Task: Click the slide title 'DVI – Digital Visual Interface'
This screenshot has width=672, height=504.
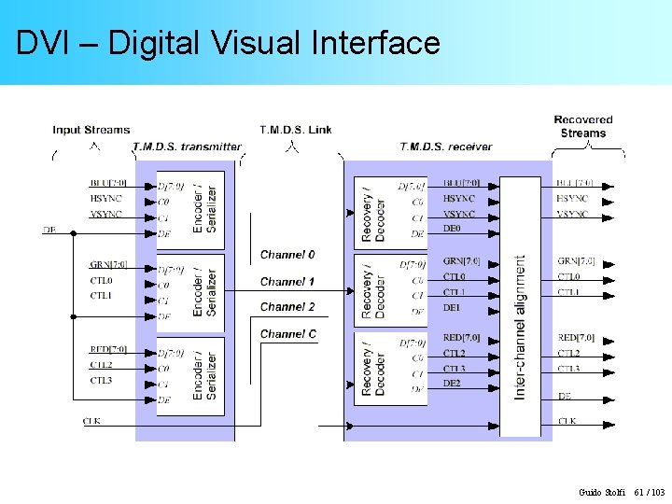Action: pos(228,43)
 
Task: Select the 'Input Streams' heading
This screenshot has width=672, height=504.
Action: pos(91,130)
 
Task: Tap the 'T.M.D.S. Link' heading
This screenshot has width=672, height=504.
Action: pos(295,130)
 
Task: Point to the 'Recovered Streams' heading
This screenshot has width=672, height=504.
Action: pos(583,126)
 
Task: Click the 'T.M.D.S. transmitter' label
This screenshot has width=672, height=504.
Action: pos(187,147)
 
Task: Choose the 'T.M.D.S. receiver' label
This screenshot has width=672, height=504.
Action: pos(445,147)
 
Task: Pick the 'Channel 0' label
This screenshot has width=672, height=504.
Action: pos(287,255)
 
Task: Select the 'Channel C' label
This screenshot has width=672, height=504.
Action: pos(287,334)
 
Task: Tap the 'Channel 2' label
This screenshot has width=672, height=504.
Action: pos(287,307)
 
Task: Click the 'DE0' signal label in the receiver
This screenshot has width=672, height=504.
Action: pos(452,229)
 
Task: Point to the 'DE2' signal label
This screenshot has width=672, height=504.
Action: pos(452,384)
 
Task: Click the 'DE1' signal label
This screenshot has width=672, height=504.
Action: pos(452,307)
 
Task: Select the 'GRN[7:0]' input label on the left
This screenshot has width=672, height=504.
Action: pos(108,265)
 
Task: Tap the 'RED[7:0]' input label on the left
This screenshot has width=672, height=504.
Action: pos(108,350)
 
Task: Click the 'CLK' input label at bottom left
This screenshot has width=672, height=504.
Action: pos(91,422)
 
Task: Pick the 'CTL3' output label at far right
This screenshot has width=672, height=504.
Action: pos(569,369)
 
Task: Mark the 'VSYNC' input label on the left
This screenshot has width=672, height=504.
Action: pos(105,214)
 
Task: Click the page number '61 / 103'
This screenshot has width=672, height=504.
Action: pos(650,492)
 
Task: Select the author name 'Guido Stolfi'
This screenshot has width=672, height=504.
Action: pos(602,492)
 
